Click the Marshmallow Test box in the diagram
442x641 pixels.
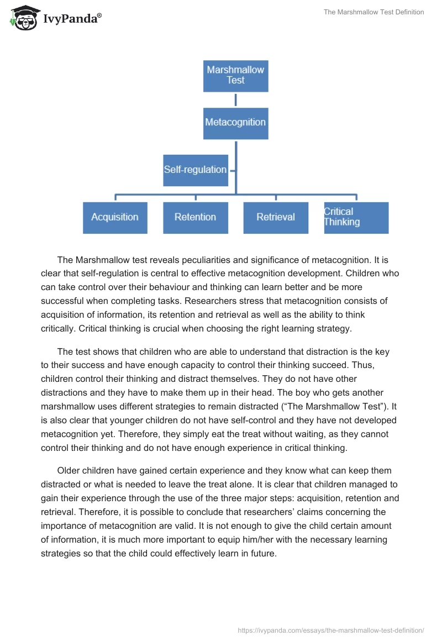tap(235, 76)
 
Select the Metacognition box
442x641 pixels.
tap(235, 123)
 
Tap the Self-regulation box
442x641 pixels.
tap(196, 170)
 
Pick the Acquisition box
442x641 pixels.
tap(115, 217)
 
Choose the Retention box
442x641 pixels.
tap(195, 217)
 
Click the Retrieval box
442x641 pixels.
tap(276, 217)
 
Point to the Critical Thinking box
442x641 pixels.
tap(356, 217)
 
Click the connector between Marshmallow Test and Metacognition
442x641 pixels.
tap(235, 99)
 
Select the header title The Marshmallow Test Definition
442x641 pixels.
tap(373, 12)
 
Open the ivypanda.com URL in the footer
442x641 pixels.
tap(330, 630)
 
